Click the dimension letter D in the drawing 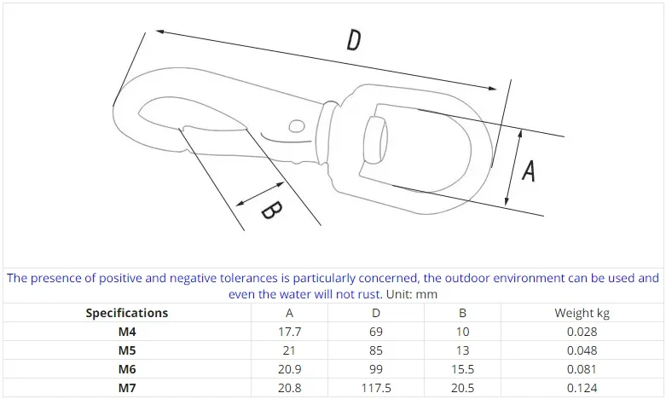tap(353, 40)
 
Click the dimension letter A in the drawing tap(529, 171)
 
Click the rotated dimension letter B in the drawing tap(271, 211)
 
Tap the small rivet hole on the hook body tap(297, 126)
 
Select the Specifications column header tap(126, 313)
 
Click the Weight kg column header tap(582, 313)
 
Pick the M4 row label tap(126, 332)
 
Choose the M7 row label tap(126, 388)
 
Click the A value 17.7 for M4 tap(290, 332)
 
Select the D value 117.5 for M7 tap(376, 388)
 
